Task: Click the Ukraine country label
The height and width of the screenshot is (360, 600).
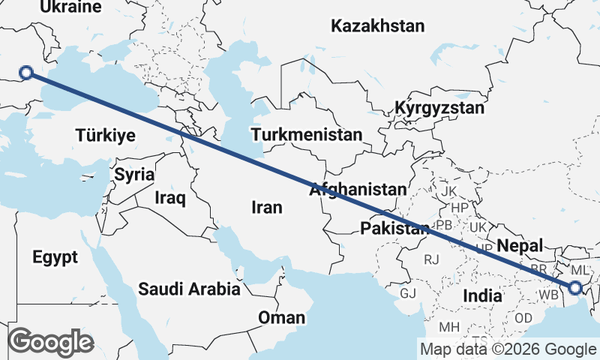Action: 70,7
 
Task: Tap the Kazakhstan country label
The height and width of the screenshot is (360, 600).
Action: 377,26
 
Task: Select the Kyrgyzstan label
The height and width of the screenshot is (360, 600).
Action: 440,108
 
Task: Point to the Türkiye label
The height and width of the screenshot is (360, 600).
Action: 105,136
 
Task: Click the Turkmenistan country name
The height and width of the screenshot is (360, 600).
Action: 307,135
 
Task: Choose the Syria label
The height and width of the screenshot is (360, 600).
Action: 134,175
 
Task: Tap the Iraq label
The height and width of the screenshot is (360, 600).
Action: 169,198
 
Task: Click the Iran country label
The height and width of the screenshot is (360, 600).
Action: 267,208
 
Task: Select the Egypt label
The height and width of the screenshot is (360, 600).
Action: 55,258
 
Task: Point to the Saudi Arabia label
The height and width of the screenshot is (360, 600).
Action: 189,289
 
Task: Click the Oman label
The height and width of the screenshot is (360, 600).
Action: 281,318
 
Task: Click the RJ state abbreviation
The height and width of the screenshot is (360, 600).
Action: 431,259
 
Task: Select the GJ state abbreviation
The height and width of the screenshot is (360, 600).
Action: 408,293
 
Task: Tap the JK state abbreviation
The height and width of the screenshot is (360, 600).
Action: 448,191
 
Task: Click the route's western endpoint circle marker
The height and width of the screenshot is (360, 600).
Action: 26,73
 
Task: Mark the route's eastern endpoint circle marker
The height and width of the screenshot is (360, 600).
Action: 575,287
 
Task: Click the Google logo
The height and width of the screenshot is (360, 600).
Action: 50,342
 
